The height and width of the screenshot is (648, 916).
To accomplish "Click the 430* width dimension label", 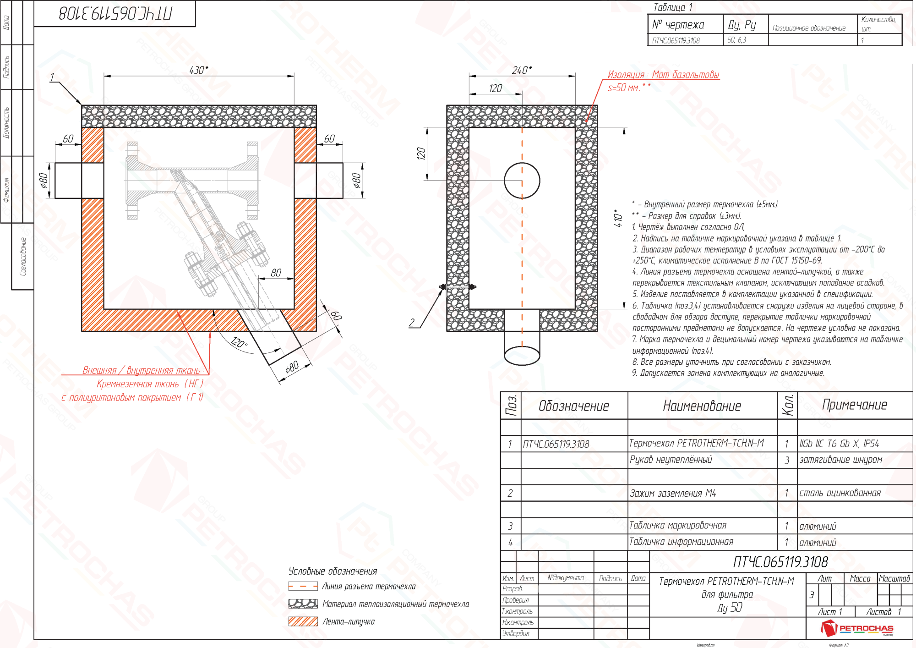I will (x=198, y=70).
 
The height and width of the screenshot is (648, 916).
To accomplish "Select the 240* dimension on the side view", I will (x=522, y=70).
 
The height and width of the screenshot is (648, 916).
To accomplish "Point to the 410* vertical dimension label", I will (x=618, y=218).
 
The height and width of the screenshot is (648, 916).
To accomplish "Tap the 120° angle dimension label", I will (x=239, y=342).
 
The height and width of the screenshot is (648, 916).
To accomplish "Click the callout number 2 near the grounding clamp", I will (x=412, y=323).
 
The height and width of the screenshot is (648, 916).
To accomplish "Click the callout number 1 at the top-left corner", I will (x=52, y=77).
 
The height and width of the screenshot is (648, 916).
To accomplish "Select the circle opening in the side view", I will (x=522, y=181).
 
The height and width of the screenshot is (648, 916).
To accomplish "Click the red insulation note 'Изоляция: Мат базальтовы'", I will (x=663, y=75).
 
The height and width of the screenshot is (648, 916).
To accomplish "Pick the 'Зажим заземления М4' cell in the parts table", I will (x=672, y=493).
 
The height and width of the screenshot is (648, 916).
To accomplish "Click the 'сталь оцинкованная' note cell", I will (x=840, y=493).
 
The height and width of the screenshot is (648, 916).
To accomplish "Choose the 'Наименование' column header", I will (x=702, y=406).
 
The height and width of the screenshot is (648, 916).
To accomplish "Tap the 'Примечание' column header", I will (x=854, y=405).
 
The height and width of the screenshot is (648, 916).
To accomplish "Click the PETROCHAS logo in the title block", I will (x=857, y=628).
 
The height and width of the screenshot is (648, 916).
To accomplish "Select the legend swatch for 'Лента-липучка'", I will (x=303, y=621).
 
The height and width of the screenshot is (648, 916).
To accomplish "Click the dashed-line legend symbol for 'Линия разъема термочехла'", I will (x=303, y=586).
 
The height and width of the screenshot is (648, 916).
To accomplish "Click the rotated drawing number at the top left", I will (x=115, y=13).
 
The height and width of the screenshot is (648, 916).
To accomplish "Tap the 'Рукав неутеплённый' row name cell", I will (x=671, y=460).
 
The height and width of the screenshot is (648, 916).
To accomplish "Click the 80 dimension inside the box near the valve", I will (x=276, y=273).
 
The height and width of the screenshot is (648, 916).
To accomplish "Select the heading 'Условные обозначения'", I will (x=333, y=571).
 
